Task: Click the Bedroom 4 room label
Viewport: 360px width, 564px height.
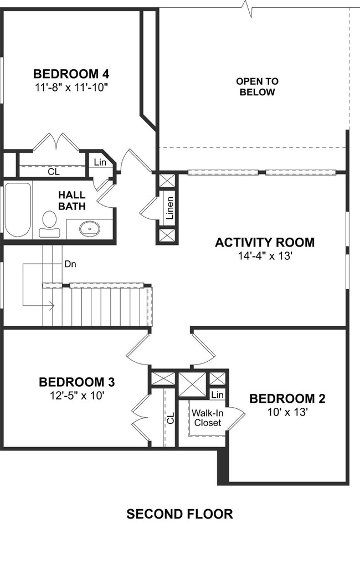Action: [71, 74]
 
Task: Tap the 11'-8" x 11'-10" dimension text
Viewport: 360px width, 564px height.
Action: [71, 88]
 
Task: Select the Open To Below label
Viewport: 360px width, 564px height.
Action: [257, 86]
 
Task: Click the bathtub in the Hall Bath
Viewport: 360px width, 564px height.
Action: [17, 209]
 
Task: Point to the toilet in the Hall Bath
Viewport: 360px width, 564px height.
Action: [50, 224]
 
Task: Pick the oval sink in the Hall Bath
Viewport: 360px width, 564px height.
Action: [90, 228]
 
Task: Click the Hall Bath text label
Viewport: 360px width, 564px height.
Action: [72, 201]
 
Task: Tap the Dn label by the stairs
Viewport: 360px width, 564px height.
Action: [70, 264]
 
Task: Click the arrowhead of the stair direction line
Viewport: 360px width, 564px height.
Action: [52, 306]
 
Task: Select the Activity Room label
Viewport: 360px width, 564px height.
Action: [265, 243]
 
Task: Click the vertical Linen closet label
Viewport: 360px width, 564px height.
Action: [169, 208]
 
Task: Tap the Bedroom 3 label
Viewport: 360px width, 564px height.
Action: [77, 382]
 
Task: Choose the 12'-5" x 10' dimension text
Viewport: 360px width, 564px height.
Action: [78, 396]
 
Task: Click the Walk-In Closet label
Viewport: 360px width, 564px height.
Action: [208, 418]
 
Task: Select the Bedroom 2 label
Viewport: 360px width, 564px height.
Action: [287, 398]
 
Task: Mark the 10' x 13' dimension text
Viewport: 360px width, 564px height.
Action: [287, 412]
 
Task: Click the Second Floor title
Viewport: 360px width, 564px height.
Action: [179, 514]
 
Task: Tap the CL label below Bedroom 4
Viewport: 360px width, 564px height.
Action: [54, 172]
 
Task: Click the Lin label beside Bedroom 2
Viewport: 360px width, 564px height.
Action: [217, 395]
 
